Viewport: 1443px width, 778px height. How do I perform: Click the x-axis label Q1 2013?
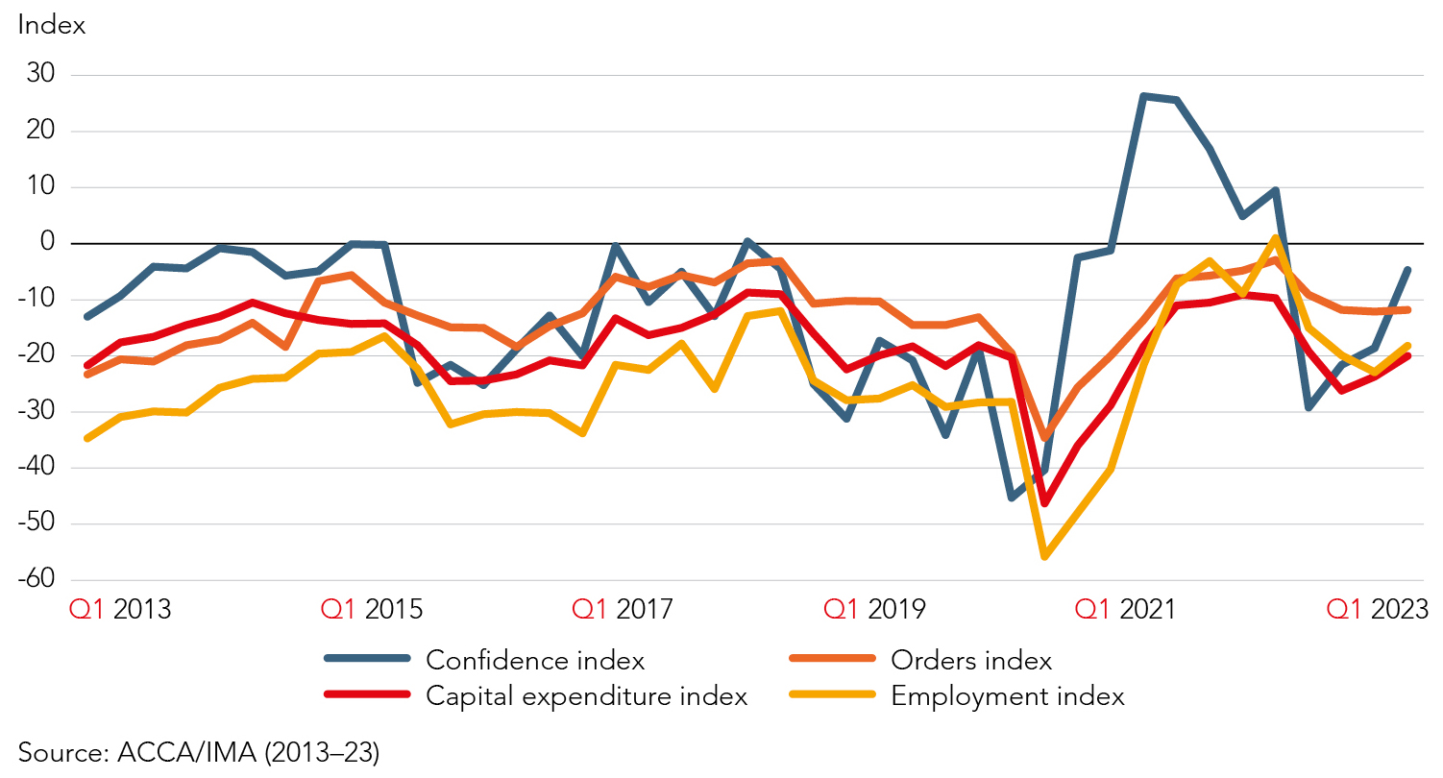coord(119,609)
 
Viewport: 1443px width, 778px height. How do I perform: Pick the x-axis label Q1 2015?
coord(371,609)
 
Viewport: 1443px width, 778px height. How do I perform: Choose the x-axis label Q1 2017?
coord(624,609)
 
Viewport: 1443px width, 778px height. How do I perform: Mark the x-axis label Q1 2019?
coord(875,609)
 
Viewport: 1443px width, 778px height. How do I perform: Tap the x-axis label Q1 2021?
coord(1125,609)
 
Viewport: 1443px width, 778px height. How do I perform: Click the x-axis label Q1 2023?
coord(1377,609)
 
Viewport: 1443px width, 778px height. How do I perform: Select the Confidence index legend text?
coord(534,661)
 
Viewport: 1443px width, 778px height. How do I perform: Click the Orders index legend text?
coord(971,661)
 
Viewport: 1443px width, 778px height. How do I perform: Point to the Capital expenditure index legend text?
coord(586,696)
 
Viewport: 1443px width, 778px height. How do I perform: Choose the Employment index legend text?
coord(1008,696)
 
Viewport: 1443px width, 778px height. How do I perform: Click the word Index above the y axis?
coord(52,26)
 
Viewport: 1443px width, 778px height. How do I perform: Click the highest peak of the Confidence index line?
coord(1143,96)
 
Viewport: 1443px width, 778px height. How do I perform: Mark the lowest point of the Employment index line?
coord(1044,556)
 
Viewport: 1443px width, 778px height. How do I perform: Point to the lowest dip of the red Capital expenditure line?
coord(1044,503)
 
